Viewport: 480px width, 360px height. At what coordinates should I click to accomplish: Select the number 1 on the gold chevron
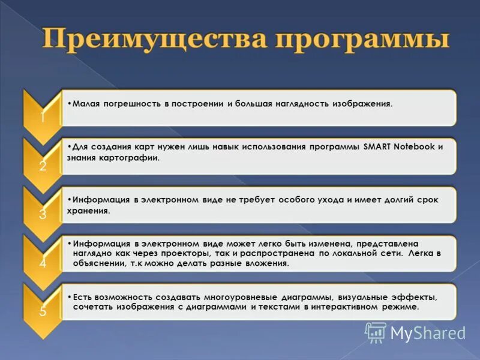coord(42,118)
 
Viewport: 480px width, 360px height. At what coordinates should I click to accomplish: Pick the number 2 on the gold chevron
coord(42,166)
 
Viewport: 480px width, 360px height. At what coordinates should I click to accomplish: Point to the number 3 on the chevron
coord(42,215)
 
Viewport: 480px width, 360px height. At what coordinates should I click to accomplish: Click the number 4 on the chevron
coord(42,263)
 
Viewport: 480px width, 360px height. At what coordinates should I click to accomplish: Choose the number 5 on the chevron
coord(42,311)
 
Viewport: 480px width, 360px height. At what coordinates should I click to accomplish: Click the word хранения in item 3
coord(89,211)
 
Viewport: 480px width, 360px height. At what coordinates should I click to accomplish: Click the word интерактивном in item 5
coord(344,307)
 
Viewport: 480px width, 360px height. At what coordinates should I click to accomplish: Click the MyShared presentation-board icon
coord(376,332)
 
